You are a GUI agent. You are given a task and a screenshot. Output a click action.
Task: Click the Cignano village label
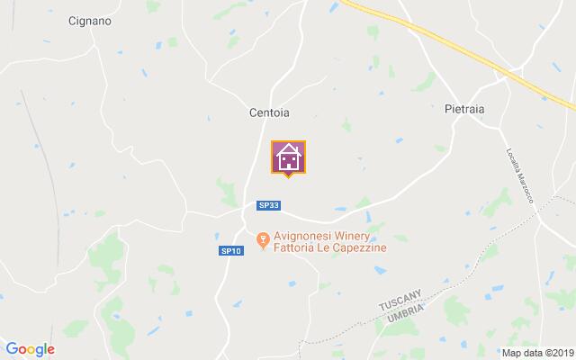coord(90,21)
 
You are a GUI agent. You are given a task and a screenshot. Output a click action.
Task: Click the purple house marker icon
coord(288,157)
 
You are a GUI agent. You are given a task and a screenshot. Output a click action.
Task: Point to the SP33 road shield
coord(268,205)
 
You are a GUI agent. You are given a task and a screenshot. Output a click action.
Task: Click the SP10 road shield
coord(230,251)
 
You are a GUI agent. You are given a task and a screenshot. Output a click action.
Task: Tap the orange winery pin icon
coord(263,240)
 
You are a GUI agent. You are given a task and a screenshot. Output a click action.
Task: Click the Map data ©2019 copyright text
coord(537,353)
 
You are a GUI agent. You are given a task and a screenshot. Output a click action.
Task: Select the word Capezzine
coord(360,252)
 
